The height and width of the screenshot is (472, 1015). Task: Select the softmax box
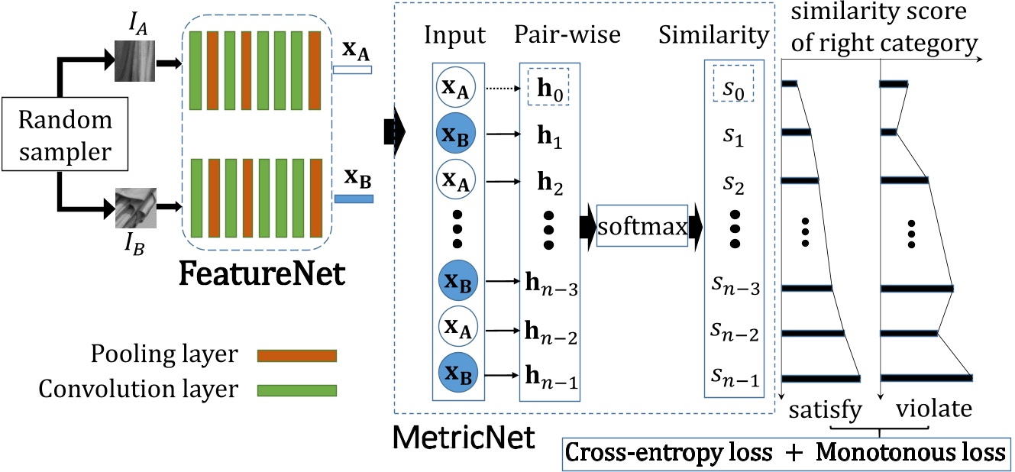tap(642, 225)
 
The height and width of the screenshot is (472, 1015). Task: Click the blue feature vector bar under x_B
tap(353, 199)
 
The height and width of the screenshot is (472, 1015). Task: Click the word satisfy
tap(826, 410)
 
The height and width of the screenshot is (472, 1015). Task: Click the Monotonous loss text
tap(910, 452)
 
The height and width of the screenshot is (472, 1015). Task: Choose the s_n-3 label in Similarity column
tap(735, 289)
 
